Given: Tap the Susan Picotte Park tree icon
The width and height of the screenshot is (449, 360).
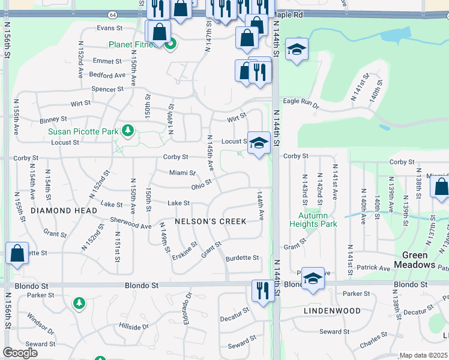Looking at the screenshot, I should pos(127,130).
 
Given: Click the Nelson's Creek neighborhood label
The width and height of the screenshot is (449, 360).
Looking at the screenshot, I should pos(210,221).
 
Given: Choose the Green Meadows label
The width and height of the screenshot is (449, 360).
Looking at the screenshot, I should pos(415,259).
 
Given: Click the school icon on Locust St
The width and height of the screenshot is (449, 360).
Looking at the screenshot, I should pos(259,143).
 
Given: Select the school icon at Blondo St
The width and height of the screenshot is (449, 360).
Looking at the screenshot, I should pos(313,278).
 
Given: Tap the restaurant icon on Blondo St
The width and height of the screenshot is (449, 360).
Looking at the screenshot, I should pos(262,292).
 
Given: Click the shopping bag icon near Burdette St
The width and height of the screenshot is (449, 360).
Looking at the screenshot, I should pos(17,253).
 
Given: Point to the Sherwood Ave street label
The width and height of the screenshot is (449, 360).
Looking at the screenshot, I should pos(130,223).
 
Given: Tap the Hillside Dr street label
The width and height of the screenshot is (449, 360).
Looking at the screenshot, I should pos(133,327).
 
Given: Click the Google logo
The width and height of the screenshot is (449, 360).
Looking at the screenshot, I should pos(20,353).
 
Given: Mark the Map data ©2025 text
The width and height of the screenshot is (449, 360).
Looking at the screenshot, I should pos(423,355).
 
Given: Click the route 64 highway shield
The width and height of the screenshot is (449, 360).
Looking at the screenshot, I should pos(112,14).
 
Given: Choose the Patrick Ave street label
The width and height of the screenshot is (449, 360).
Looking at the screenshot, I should pos(375,268).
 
